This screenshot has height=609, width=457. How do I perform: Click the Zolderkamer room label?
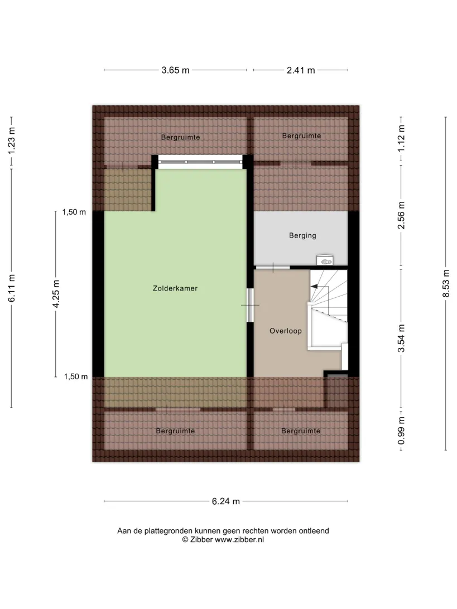(175, 288)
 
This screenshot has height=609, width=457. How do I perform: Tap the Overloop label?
(286, 331)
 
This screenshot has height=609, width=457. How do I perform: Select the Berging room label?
(302, 235)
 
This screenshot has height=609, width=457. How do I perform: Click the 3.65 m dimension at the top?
(176, 70)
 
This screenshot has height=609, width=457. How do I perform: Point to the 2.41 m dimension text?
(301, 70)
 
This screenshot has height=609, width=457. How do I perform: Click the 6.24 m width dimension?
(226, 501)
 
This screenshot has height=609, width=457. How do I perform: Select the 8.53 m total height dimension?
(446, 283)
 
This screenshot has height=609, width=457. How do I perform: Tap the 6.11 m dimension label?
(12, 288)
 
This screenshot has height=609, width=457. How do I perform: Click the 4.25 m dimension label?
(56, 293)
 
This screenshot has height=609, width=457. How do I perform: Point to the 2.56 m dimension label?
(401, 215)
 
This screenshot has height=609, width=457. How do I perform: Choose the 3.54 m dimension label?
(401, 339)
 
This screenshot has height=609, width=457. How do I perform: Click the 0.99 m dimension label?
(401, 431)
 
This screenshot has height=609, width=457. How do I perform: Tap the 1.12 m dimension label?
(401, 138)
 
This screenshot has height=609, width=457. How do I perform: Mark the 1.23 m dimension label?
(12, 140)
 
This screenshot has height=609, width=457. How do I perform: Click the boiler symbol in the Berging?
(325, 260)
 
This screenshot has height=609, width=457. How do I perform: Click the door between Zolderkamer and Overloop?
(250, 305)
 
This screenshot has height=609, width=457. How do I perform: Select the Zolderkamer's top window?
(200, 162)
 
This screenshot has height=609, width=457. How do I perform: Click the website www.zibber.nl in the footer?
(239, 539)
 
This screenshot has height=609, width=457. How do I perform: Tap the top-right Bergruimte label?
(301, 136)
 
